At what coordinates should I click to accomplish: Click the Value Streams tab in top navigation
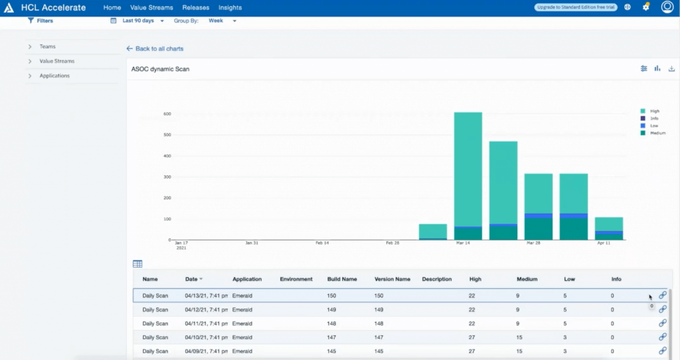(151, 8)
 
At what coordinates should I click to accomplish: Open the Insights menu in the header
(230, 8)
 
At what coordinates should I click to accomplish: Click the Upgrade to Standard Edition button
(576, 7)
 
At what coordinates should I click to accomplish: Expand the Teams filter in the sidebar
(47, 46)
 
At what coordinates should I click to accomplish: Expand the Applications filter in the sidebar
(54, 76)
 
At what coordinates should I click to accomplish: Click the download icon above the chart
(671, 68)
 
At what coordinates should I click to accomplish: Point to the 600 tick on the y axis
(167, 114)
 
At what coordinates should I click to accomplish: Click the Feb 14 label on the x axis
(322, 243)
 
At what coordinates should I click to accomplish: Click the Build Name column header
(342, 279)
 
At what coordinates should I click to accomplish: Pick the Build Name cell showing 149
(333, 310)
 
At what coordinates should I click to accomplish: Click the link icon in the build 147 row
(662, 337)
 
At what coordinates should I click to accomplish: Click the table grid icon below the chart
(137, 264)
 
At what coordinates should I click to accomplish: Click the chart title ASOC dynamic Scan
(160, 69)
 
